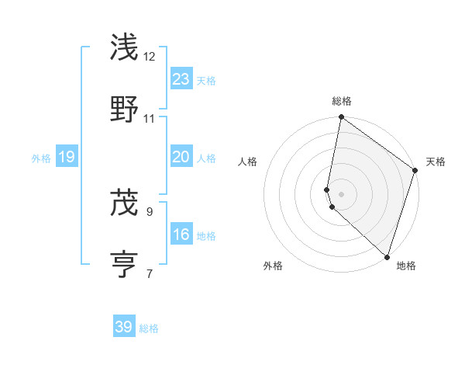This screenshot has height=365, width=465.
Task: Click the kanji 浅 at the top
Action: pos(124,48)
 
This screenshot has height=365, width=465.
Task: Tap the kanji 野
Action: pos(124,109)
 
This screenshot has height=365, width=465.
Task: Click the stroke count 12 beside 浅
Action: pos(150,57)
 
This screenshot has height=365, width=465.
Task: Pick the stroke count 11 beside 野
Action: pos(150,119)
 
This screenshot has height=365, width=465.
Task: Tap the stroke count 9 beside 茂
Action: pos(150,210)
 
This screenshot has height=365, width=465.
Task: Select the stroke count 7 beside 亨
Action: pos(150,273)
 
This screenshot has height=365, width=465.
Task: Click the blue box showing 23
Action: pos(181,78)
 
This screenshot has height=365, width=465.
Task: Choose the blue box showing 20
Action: pos(181,157)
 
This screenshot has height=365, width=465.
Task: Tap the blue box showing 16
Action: pos(181,235)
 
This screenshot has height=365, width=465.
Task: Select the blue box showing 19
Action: pos(67,157)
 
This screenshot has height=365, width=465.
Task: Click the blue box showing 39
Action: pos(124,327)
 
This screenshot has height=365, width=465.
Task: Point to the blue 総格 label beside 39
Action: pos(149,328)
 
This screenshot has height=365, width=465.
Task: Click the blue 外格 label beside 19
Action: pos(41,158)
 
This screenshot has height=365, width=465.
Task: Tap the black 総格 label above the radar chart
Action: pos(342,102)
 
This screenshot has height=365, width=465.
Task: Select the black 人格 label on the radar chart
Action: pos(248,162)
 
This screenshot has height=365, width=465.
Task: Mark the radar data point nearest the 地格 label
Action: pos(387,256)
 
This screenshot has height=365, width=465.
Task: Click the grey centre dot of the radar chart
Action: pos(341,193)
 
